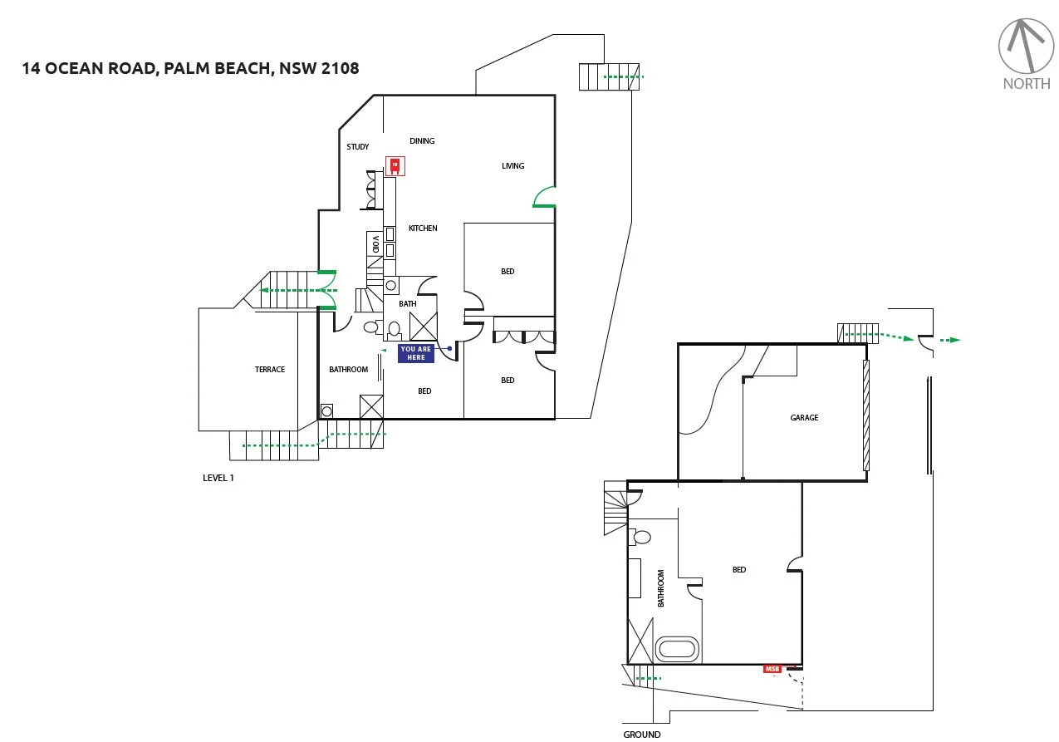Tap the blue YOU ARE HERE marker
click(x=416, y=353)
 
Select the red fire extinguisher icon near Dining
click(x=395, y=165)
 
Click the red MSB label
click(x=773, y=669)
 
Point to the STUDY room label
click(x=358, y=147)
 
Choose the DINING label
click(x=422, y=141)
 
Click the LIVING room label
click(x=513, y=166)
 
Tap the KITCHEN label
click(x=422, y=228)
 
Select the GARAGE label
click(x=804, y=418)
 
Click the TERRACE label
click(x=270, y=370)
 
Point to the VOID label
click(x=375, y=244)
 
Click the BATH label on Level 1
click(x=408, y=304)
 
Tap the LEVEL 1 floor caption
click(x=218, y=478)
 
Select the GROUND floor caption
click(x=642, y=735)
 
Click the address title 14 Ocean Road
click(x=191, y=68)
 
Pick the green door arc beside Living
click(x=544, y=198)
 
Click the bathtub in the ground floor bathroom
click(x=678, y=650)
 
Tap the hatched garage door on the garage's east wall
click(x=865, y=415)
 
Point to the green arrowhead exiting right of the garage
click(x=955, y=340)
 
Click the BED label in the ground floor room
click(x=739, y=570)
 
